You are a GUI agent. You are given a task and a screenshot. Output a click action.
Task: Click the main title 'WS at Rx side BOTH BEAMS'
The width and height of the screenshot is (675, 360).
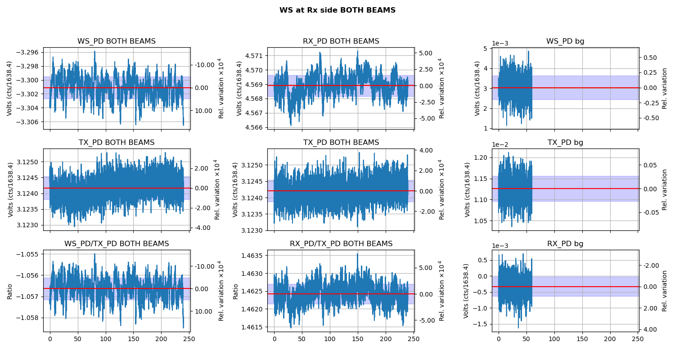click(337, 10)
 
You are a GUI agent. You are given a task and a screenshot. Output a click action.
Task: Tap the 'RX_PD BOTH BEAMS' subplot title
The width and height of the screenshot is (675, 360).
click(341, 41)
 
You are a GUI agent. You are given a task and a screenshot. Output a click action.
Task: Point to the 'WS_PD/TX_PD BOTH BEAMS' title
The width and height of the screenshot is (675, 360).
click(117, 244)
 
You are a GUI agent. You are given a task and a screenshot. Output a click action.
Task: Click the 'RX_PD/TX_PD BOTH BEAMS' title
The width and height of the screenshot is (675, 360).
click(341, 244)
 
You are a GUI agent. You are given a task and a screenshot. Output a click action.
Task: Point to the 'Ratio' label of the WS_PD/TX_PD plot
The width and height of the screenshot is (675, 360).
click(10, 291)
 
